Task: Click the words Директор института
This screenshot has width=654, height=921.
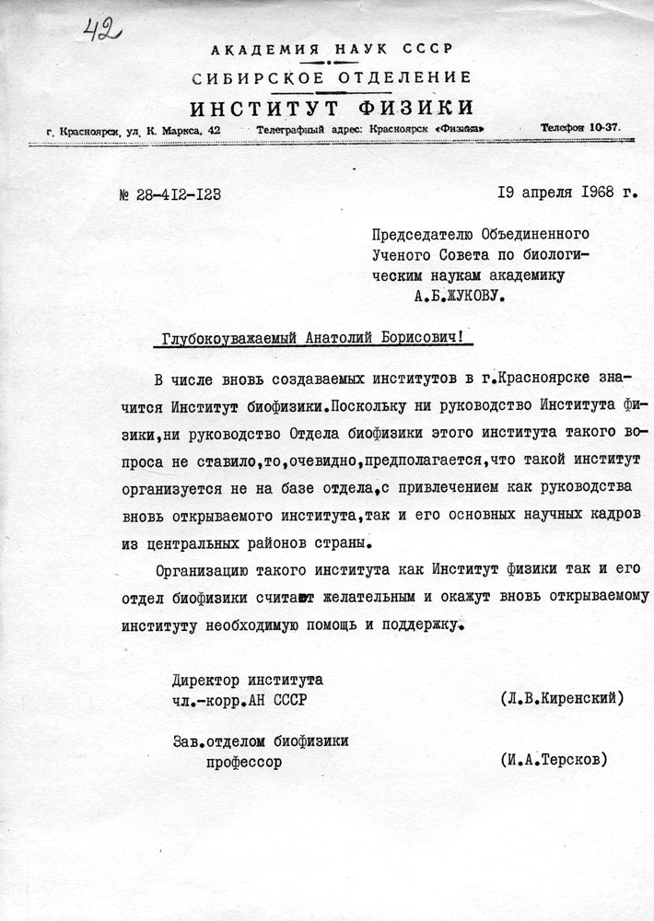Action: point(248,680)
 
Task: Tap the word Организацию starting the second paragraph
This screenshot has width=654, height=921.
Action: point(203,568)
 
